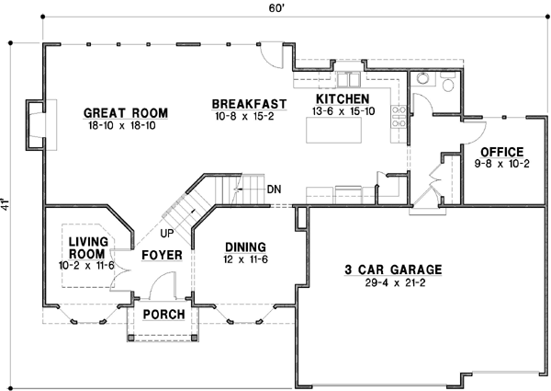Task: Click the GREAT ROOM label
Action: [126, 113]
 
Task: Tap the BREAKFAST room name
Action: [249, 103]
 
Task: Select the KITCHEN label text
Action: [343, 98]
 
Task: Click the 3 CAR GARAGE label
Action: [394, 270]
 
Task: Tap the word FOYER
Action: [162, 255]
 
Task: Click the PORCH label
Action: [165, 315]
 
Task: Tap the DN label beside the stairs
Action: [274, 190]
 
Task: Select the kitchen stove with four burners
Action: [399, 117]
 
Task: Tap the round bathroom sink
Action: [422, 78]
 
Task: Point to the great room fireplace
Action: [34, 123]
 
